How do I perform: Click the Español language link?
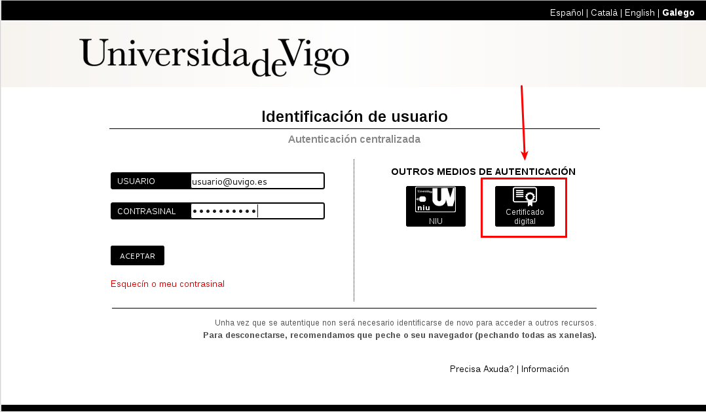pos(567,12)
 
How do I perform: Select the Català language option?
pos(604,12)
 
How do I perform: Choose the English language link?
pos(639,12)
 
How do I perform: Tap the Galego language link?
pos(678,12)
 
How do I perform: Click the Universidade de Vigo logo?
pos(214,56)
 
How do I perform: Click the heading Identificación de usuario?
pos(354,117)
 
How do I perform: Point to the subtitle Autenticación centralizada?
pos(354,139)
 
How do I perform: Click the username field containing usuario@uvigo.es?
pos(257,181)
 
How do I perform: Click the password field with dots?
pos(257,211)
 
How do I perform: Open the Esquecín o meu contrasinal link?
pos(168,284)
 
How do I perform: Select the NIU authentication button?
pos(436,206)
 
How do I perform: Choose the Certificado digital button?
pos(525,206)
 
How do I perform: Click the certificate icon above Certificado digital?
pos(525,197)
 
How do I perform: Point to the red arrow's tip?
pos(525,160)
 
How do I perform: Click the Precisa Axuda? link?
pos(481,369)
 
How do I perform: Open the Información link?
pos(545,369)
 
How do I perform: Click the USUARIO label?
pos(136,181)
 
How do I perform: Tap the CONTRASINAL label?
pos(146,211)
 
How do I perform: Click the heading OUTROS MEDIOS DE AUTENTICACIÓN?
pos(483,172)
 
